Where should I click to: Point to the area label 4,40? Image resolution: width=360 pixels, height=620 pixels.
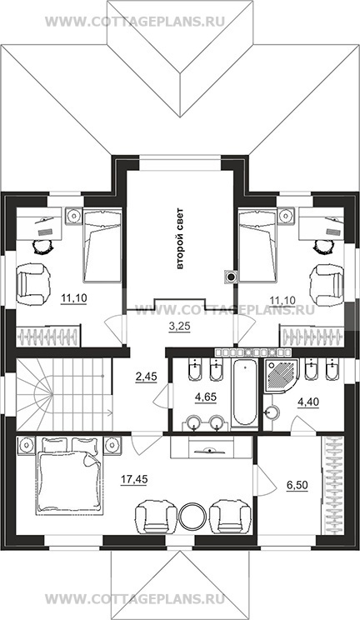tap(307, 402)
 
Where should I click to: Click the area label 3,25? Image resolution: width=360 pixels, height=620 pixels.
tap(178, 327)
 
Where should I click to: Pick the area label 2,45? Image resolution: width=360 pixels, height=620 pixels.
tap(146, 377)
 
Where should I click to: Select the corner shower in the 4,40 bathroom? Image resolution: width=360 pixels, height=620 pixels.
tap(280, 375)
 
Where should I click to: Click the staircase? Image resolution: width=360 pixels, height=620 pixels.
tap(64, 394)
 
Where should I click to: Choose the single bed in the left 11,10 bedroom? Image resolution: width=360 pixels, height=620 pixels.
tap(102, 244)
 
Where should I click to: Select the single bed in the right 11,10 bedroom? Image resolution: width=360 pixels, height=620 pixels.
tap(257, 245)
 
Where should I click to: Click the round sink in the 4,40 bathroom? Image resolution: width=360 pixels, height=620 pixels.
tap(272, 412)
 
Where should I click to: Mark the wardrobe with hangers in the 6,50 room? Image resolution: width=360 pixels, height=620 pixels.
tap(333, 486)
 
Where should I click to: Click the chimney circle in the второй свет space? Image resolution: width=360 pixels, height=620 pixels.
tap(231, 277)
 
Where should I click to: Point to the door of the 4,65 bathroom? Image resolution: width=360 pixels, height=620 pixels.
tap(162, 395)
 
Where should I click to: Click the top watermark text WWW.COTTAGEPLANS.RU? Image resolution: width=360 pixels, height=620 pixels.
tap(135, 22)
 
